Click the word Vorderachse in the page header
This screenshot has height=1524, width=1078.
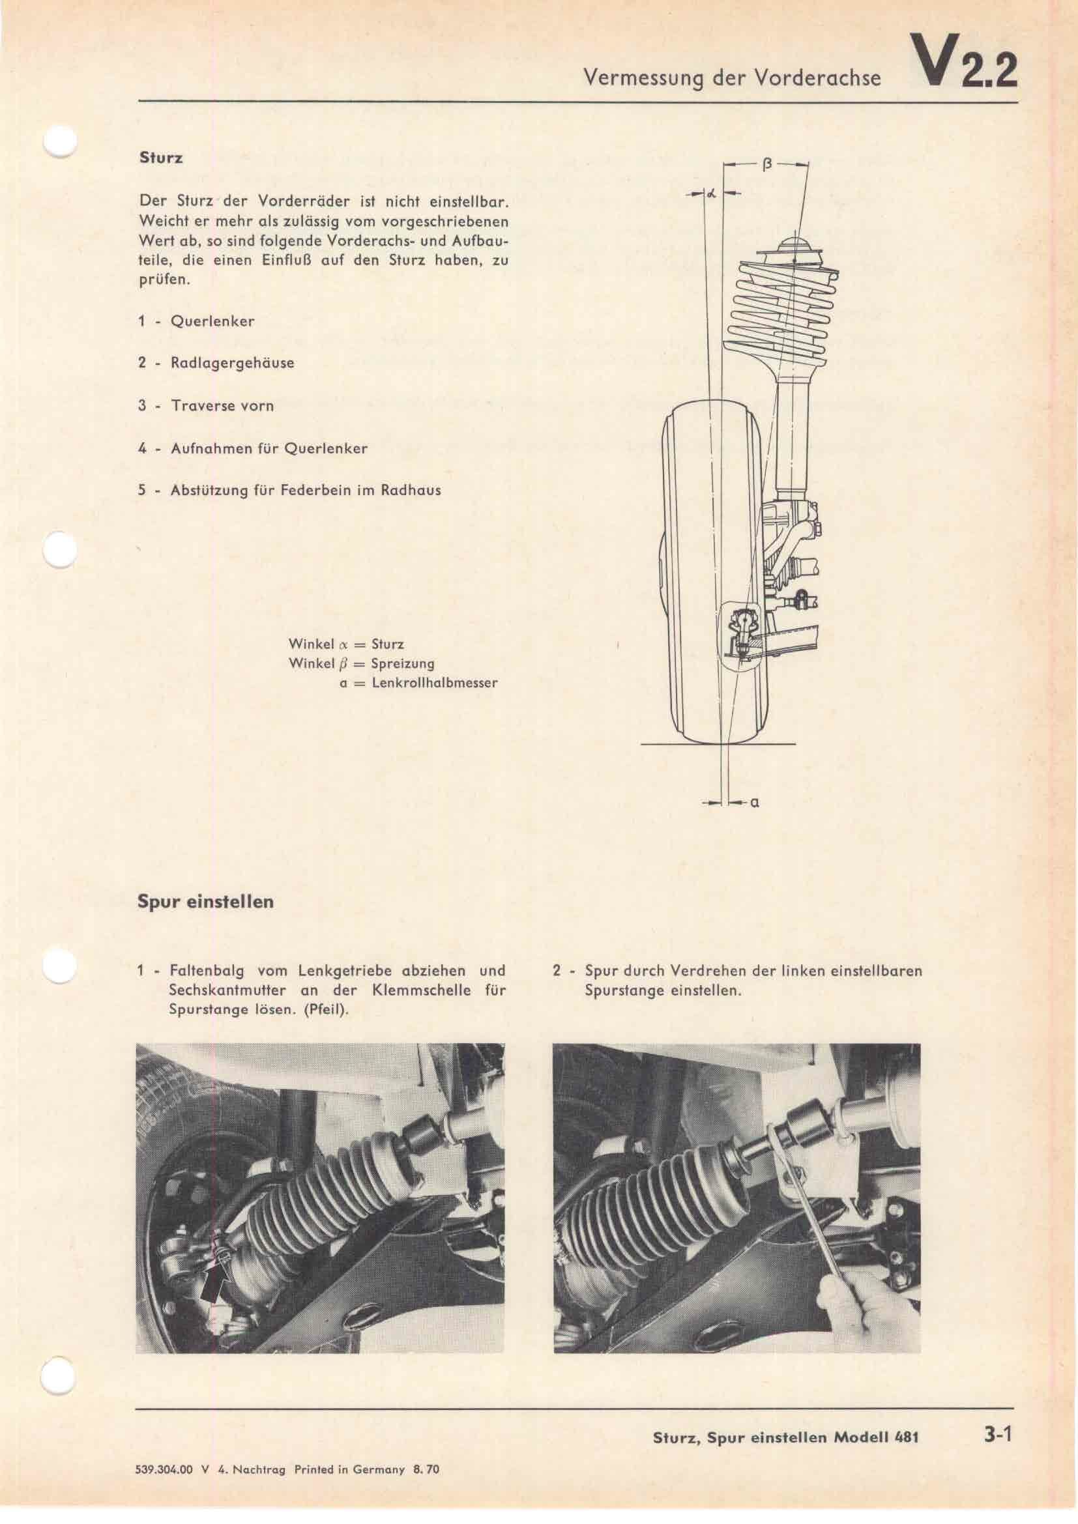832,79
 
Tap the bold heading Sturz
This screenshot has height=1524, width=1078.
160,159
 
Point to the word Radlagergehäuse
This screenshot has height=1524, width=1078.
232,364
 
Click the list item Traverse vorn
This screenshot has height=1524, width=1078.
222,405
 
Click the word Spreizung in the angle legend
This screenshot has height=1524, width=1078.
403,664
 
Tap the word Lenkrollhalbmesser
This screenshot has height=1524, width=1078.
435,682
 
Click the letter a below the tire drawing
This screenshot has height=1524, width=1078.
755,803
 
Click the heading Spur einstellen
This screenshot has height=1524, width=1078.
206,902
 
